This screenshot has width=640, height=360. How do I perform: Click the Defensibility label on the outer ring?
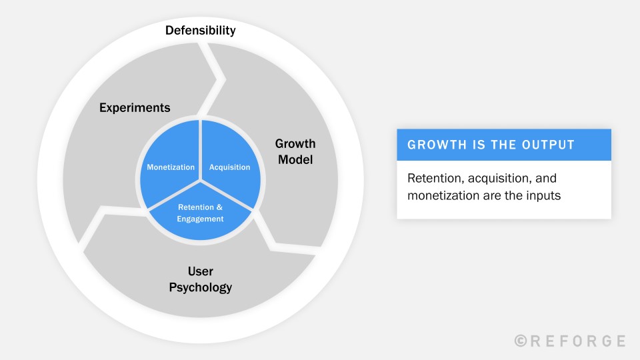point(201,31)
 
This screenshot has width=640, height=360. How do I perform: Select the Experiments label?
point(135,108)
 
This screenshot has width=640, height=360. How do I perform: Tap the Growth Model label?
point(295,151)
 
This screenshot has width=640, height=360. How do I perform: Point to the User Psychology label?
point(201,279)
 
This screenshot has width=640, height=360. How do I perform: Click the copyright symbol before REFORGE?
point(521,341)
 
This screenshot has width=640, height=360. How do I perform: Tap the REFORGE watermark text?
point(577,341)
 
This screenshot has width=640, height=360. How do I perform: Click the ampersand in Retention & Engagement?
point(219,207)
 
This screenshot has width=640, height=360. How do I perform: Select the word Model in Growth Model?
point(295,159)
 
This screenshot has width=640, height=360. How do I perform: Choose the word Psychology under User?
point(201,287)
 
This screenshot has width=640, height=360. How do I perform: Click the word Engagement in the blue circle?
point(200,219)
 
